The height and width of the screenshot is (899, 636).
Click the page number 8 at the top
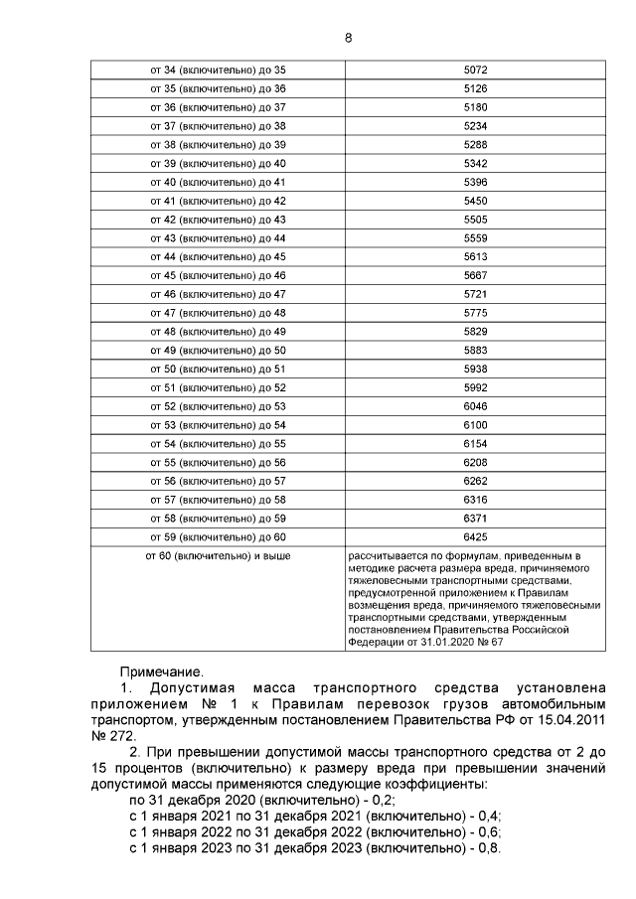(348, 38)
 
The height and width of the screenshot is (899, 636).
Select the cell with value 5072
(475, 70)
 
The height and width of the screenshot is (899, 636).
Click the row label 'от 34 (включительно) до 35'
(218, 70)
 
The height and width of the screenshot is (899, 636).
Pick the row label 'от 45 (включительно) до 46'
(218, 275)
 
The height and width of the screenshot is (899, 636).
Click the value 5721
(475, 294)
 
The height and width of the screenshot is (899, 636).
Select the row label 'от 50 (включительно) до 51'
(218, 369)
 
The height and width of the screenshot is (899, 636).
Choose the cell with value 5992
(475, 387)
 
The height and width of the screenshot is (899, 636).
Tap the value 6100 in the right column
(475, 425)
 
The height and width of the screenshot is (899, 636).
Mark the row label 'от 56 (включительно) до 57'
(218, 481)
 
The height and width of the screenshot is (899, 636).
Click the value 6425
(475, 537)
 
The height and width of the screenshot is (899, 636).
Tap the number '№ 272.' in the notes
(111, 737)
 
